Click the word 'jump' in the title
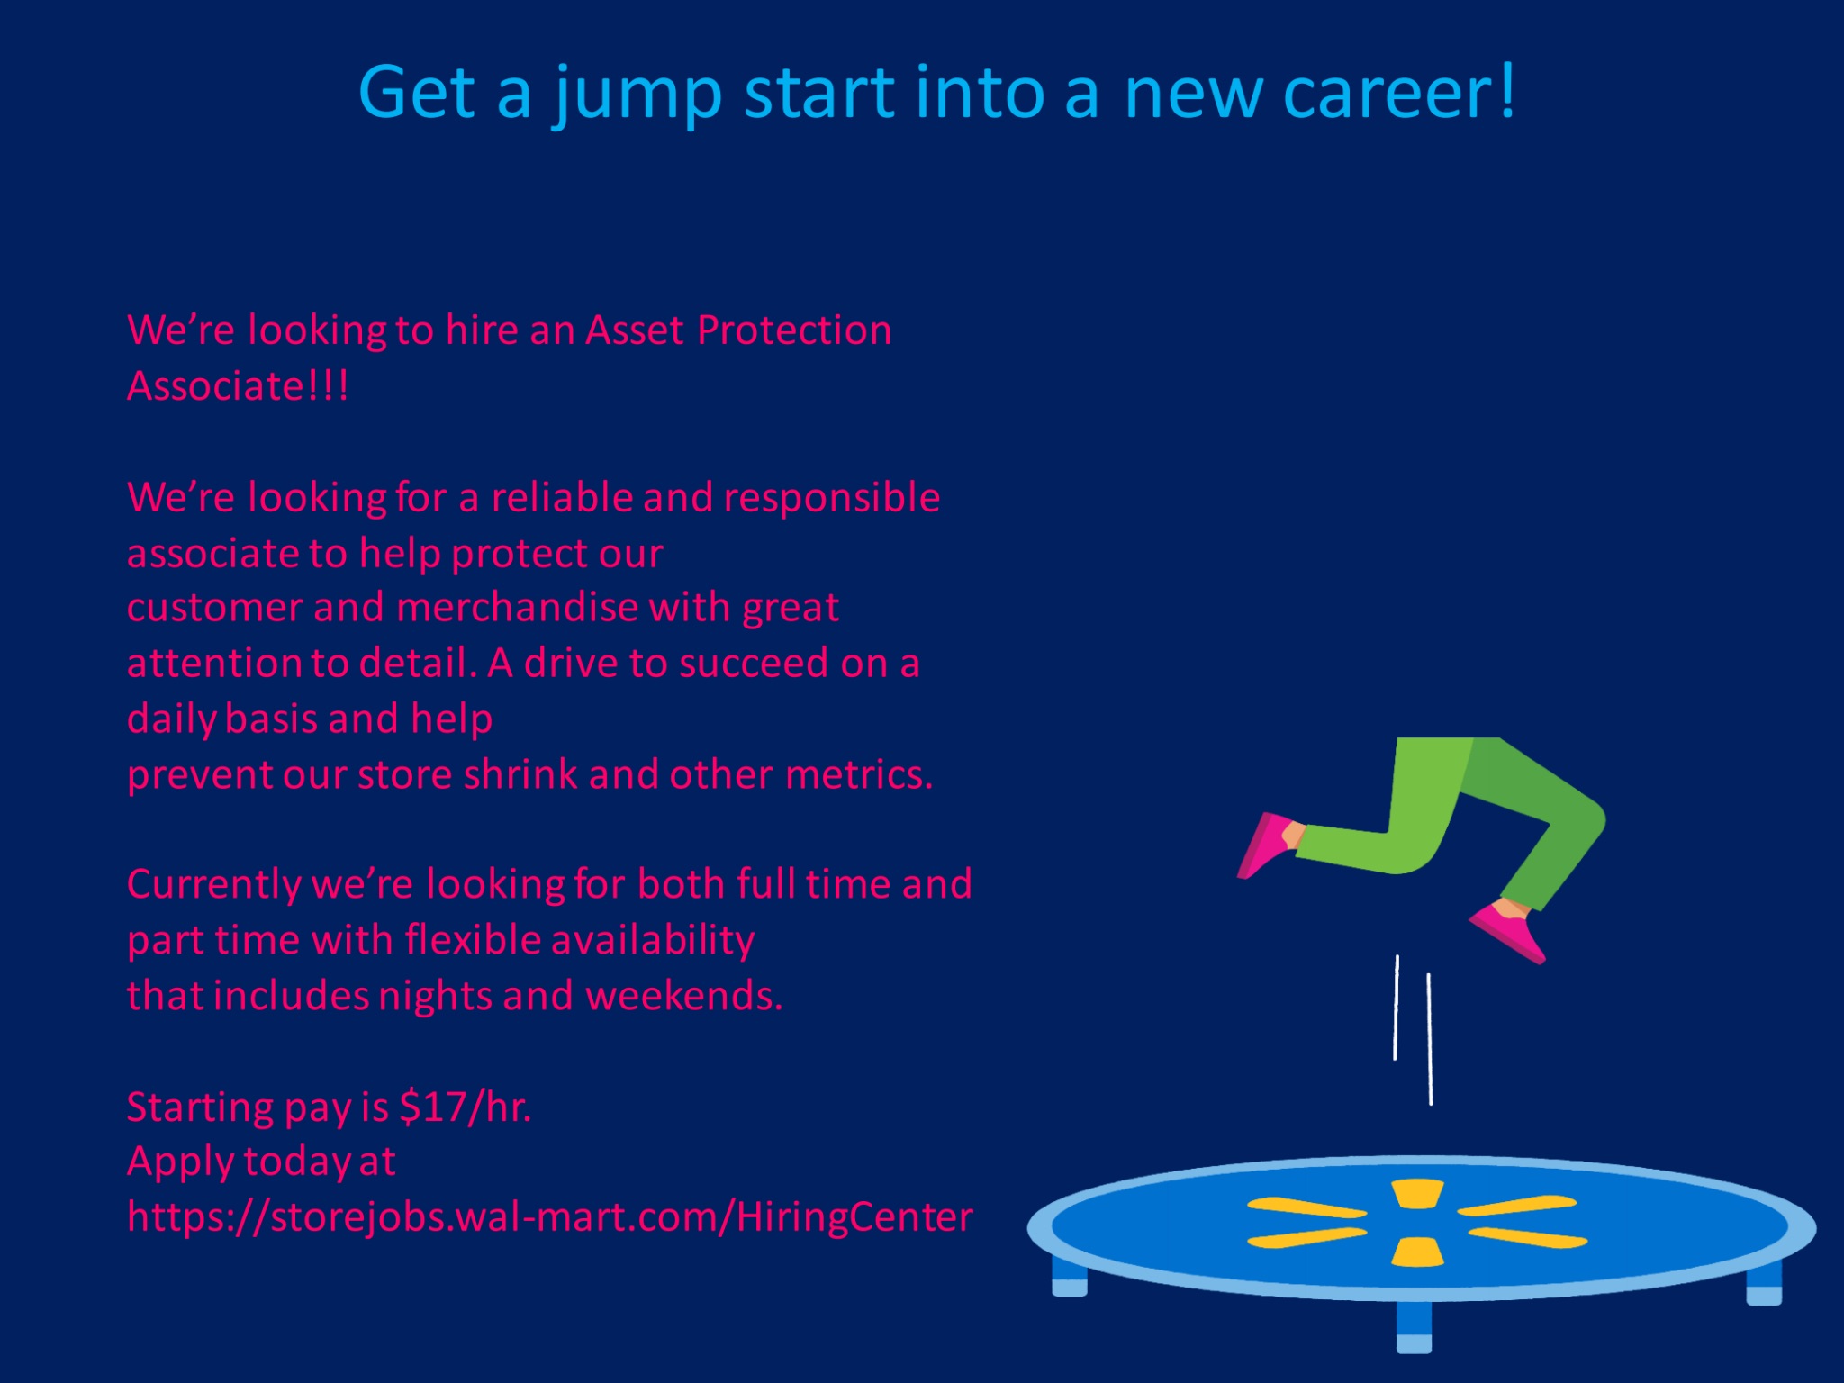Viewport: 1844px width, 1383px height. (x=637, y=95)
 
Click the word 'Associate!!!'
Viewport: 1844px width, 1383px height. (x=238, y=385)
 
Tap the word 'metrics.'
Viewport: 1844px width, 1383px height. (x=859, y=774)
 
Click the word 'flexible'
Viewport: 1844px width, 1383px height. (x=473, y=939)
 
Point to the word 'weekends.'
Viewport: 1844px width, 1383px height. (x=684, y=995)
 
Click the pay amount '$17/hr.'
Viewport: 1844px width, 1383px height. (x=466, y=1107)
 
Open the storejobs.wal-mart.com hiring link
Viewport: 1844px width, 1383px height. (x=550, y=1217)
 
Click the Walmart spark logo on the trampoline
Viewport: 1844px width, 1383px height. (x=1417, y=1223)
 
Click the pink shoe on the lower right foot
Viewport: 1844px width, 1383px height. (x=1509, y=931)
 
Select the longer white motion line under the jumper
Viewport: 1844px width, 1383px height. (x=1430, y=1039)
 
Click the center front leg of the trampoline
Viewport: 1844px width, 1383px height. (x=1414, y=1326)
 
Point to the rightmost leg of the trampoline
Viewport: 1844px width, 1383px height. (x=1764, y=1283)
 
